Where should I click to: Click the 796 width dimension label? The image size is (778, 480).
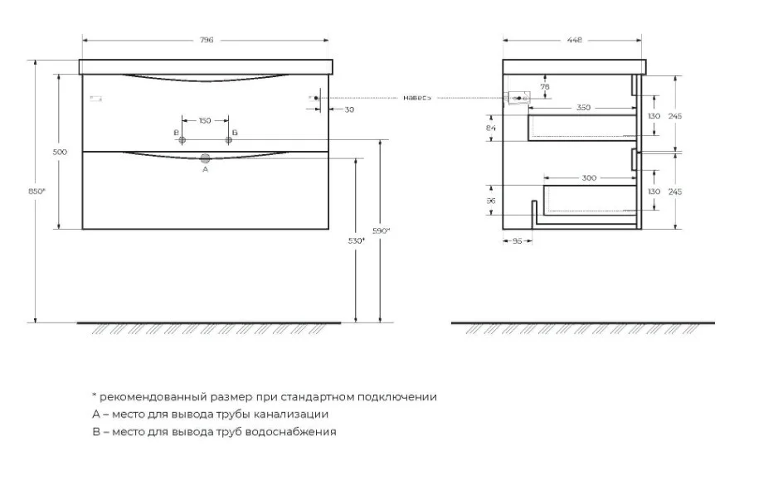tap(207, 40)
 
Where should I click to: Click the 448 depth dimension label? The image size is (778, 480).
tap(575, 40)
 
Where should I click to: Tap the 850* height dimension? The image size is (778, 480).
tap(36, 192)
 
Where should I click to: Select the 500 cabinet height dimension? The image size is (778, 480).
tap(60, 153)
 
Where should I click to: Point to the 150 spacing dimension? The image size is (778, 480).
tap(204, 120)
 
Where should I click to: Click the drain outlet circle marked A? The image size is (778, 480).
tap(206, 158)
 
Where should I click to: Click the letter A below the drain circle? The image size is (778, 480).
tap(206, 170)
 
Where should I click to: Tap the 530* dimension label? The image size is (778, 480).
tap(357, 241)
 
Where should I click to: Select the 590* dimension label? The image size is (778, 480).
tap(381, 230)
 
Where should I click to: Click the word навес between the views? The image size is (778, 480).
tap(416, 98)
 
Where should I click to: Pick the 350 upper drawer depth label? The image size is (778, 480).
tap(584, 108)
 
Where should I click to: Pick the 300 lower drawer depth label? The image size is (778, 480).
tap(589, 178)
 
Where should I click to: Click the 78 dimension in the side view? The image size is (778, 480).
tap(545, 87)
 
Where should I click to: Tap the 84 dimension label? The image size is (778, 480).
tap(491, 128)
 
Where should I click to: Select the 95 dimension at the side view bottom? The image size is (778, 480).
tap(517, 241)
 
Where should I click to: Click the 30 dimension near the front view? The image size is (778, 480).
tap(349, 109)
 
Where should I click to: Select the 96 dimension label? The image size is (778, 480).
tap(491, 201)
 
